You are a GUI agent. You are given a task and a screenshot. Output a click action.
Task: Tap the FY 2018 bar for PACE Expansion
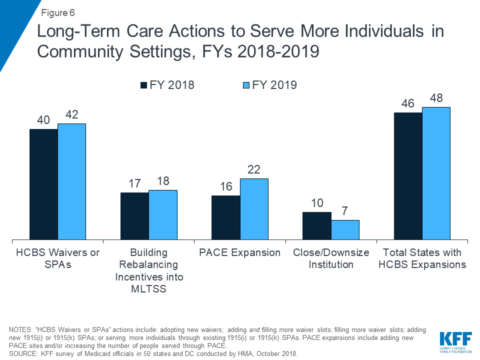(226, 218)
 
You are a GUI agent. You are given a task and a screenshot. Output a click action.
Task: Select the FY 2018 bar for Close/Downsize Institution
(317, 226)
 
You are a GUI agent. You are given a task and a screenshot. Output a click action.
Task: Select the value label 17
(134, 184)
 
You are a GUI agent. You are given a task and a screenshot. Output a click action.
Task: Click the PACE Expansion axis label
(240, 252)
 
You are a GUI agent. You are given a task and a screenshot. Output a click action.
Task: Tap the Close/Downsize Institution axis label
(331, 258)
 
